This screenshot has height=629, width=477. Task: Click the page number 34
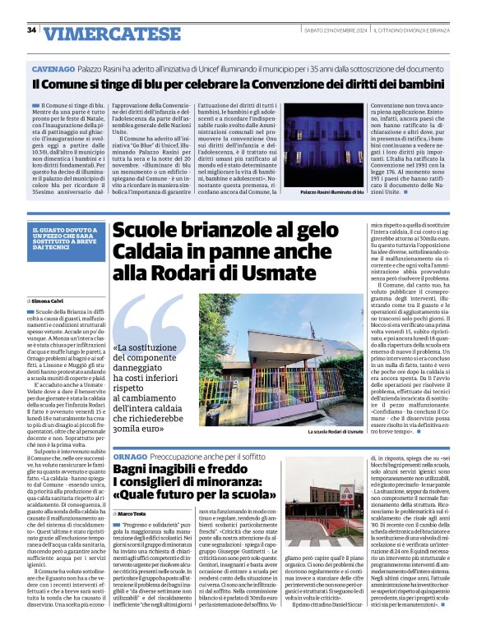pyautogui.click(x=32, y=30)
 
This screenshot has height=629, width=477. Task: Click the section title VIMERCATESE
pyautogui.click(x=101, y=33)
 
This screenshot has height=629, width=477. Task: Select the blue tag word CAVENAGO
pyautogui.click(x=53, y=71)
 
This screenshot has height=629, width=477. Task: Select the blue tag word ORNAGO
pyautogui.click(x=130, y=456)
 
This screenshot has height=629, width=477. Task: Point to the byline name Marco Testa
pyautogui.click(x=136, y=513)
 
